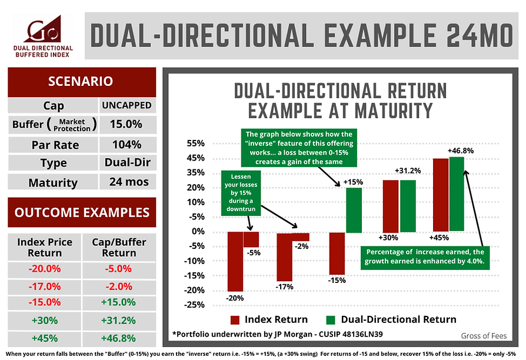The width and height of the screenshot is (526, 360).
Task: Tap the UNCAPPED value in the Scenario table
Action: pos(126,106)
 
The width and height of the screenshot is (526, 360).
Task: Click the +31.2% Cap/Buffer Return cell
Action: pos(120,321)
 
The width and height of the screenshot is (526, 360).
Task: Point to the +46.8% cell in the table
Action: pos(120,339)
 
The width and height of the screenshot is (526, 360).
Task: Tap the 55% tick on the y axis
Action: pos(195,144)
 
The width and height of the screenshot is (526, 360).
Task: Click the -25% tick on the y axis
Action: pos(195,305)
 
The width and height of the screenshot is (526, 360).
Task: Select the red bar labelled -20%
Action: pos(235,261)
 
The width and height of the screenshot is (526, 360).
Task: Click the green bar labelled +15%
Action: pos(354,210)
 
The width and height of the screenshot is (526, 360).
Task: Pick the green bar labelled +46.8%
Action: pos(457,194)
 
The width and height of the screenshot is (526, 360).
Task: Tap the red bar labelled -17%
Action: pos(285,257)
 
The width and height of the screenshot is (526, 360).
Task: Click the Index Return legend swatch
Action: pos(235,320)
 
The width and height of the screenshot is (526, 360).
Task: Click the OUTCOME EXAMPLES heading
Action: pos(81,212)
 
